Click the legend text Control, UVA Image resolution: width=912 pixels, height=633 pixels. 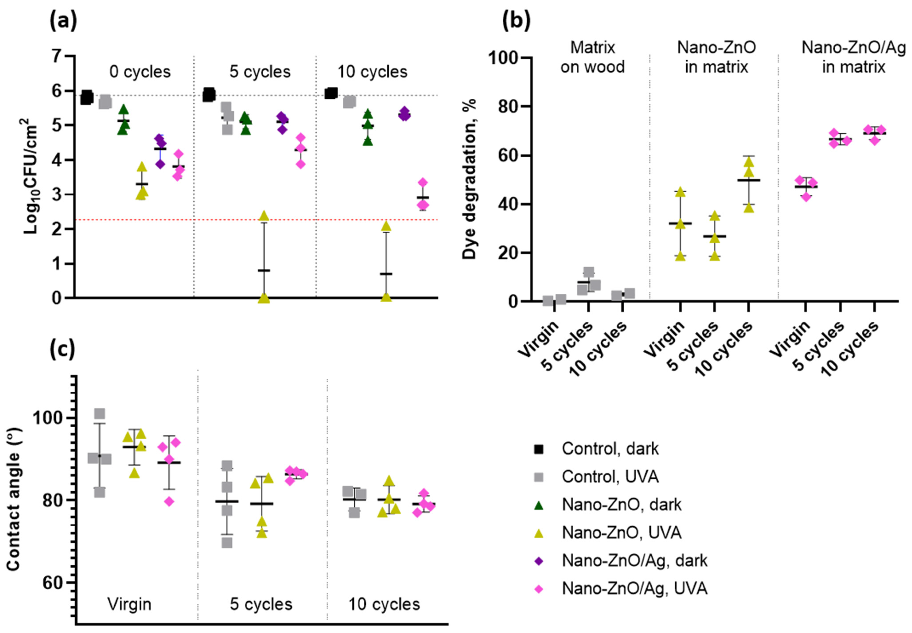[610, 476]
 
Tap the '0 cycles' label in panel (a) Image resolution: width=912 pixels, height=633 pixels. [140, 72]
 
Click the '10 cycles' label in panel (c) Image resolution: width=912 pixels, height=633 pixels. [384, 604]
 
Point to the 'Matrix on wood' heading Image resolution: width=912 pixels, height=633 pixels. [592, 57]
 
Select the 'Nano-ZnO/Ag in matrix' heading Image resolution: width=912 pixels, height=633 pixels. [853, 57]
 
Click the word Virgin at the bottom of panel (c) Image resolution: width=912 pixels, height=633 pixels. [129, 604]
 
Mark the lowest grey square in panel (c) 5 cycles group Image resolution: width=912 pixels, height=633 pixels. [227, 543]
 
